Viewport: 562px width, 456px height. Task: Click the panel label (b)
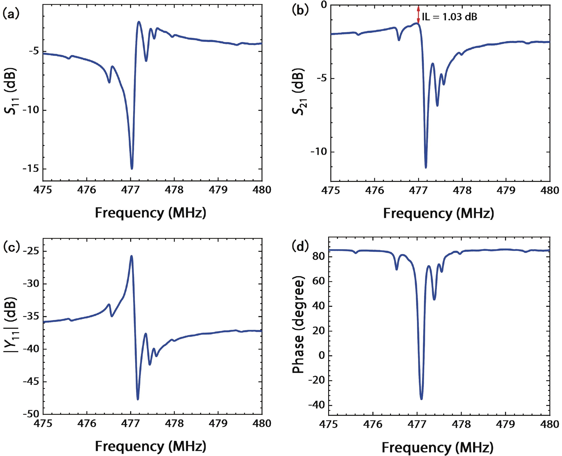tap(300, 10)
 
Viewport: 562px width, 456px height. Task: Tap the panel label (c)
tap(11, 247)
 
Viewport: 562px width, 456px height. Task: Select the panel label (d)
tap(300, 246)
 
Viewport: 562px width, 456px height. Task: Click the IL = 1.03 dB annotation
tap(449, 17)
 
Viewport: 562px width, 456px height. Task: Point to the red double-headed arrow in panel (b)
tap(418, 14)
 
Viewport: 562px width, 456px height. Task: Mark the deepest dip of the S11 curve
tap(132, 168)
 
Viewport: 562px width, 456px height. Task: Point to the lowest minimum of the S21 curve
tap(426, 167)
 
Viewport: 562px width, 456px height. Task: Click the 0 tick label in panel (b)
tap(324, 5)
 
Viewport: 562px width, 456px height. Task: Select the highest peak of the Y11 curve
tap(132, 256)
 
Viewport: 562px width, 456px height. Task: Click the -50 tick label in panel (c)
tap(31, 414)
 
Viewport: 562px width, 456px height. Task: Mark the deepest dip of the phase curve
tap(422, 399)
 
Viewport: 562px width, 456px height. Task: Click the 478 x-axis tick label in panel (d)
tap(462, 424)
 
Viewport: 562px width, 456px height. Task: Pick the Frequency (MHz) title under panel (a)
tap(150, 213)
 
